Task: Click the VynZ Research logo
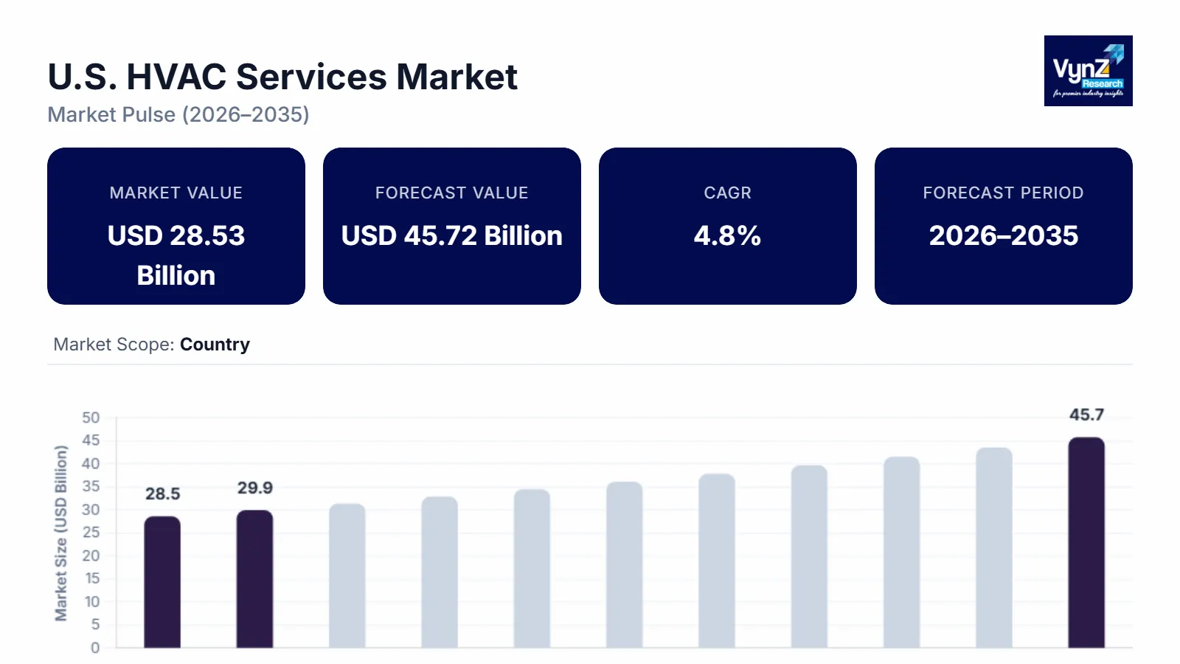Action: pyautogui.click(x=1088, y=71)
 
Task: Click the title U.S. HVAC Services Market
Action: pyautogui.click(x=282, y=77)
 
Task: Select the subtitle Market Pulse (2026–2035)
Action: pyautogui.click(x=178, y=115)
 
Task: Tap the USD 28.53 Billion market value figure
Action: pyautogui.click(x=176, y=255)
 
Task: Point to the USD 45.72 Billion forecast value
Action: pyautogui.click(x=451, y=236)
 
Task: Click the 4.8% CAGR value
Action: pyautogui.click(x=727, y=236)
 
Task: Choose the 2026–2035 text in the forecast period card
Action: pyautogui.click(x=1003, y=236)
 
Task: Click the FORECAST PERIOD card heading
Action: pyautogui.click(x=1003, y=193)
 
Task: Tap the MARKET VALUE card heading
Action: pyautogui.click(x=176, y=193)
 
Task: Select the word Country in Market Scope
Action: pyautogui.click(x=215, y=345)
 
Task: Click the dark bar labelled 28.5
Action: pyautogui.click(x=162, y=582)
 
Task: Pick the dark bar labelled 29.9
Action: pyautogui.click(x=254, y=579)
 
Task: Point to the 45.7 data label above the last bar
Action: pyautogui.click(x=1086, y=415)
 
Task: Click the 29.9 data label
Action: pyautogui.click(x=254, y=488)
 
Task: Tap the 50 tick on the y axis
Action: pyautogui.click(x=91, y=418)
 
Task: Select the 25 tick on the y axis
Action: pyautogui.click(x=91, y=533)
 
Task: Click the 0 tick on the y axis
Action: pyautogui.click(x=95, y=648)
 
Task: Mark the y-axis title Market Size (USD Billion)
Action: pyautogui.click(x=60, y=533)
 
